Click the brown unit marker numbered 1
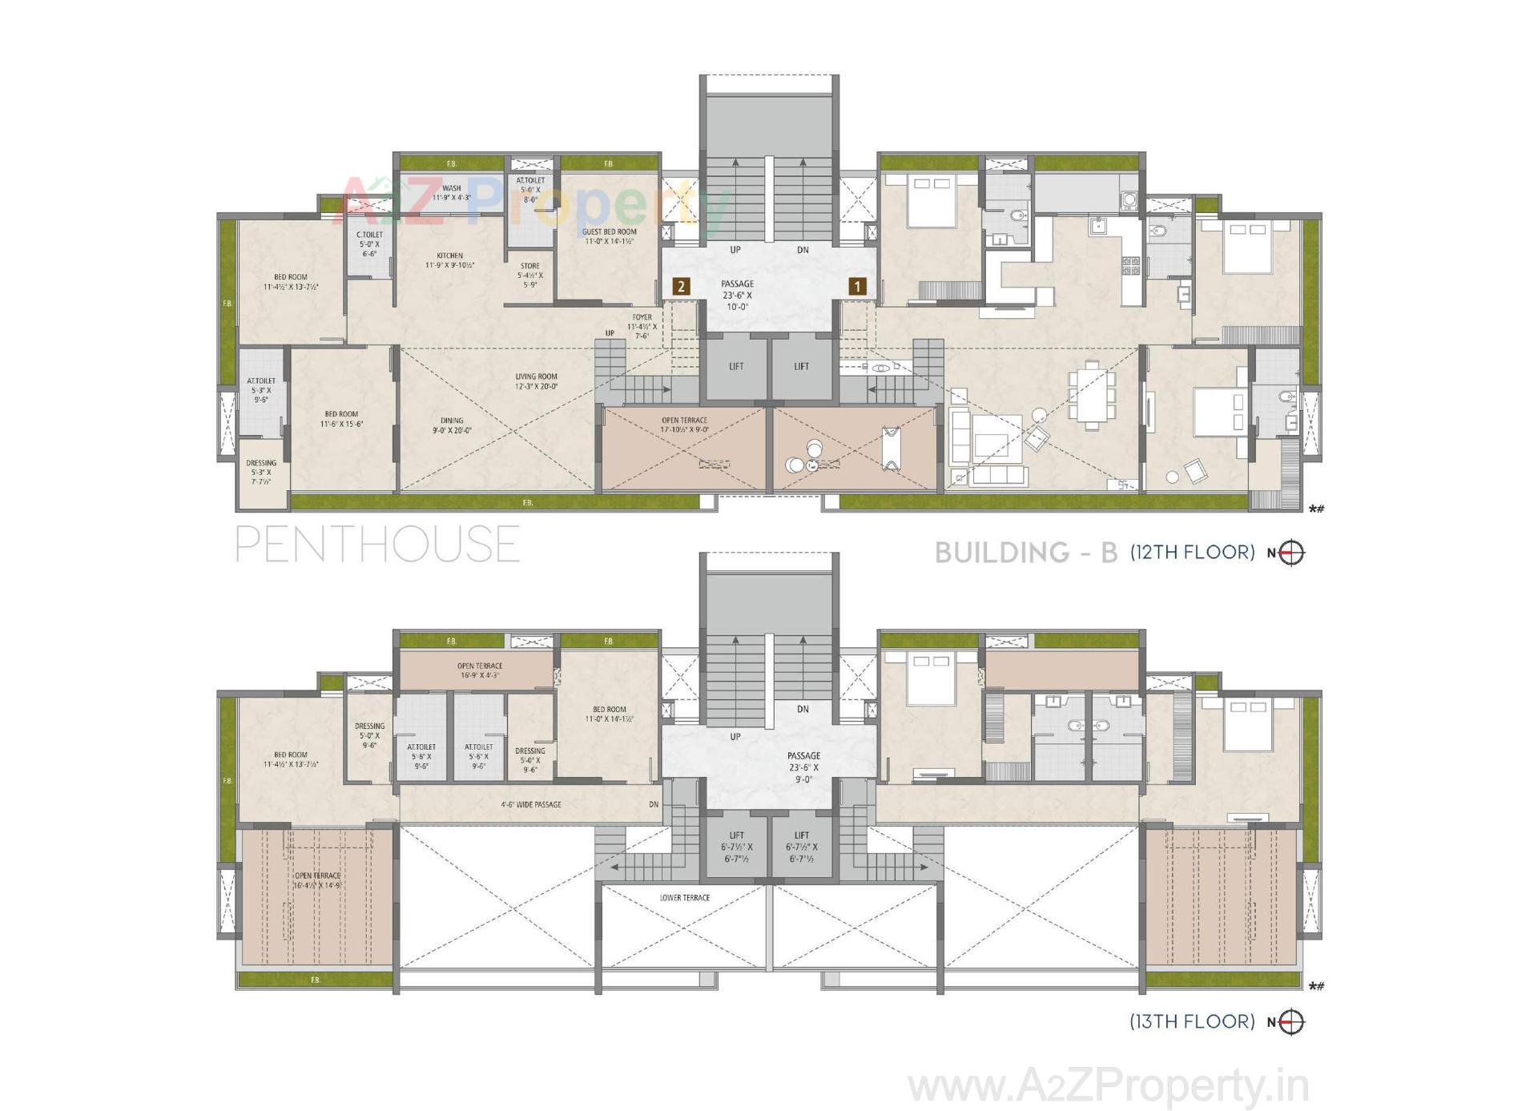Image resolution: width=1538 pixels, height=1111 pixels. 857,285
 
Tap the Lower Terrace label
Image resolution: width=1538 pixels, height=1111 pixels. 685,897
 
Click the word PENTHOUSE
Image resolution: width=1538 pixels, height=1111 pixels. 377,544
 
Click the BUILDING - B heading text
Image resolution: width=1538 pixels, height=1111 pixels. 1026,553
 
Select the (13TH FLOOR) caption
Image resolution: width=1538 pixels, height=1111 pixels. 1192,1021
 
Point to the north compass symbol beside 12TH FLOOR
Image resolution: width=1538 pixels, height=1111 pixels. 1290,553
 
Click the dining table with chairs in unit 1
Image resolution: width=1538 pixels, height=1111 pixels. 1091,395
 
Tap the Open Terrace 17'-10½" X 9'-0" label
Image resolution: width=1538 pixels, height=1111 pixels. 684,425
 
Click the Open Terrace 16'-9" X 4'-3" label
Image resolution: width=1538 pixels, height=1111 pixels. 480,670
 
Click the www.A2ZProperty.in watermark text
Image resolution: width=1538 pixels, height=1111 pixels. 1109,1087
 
